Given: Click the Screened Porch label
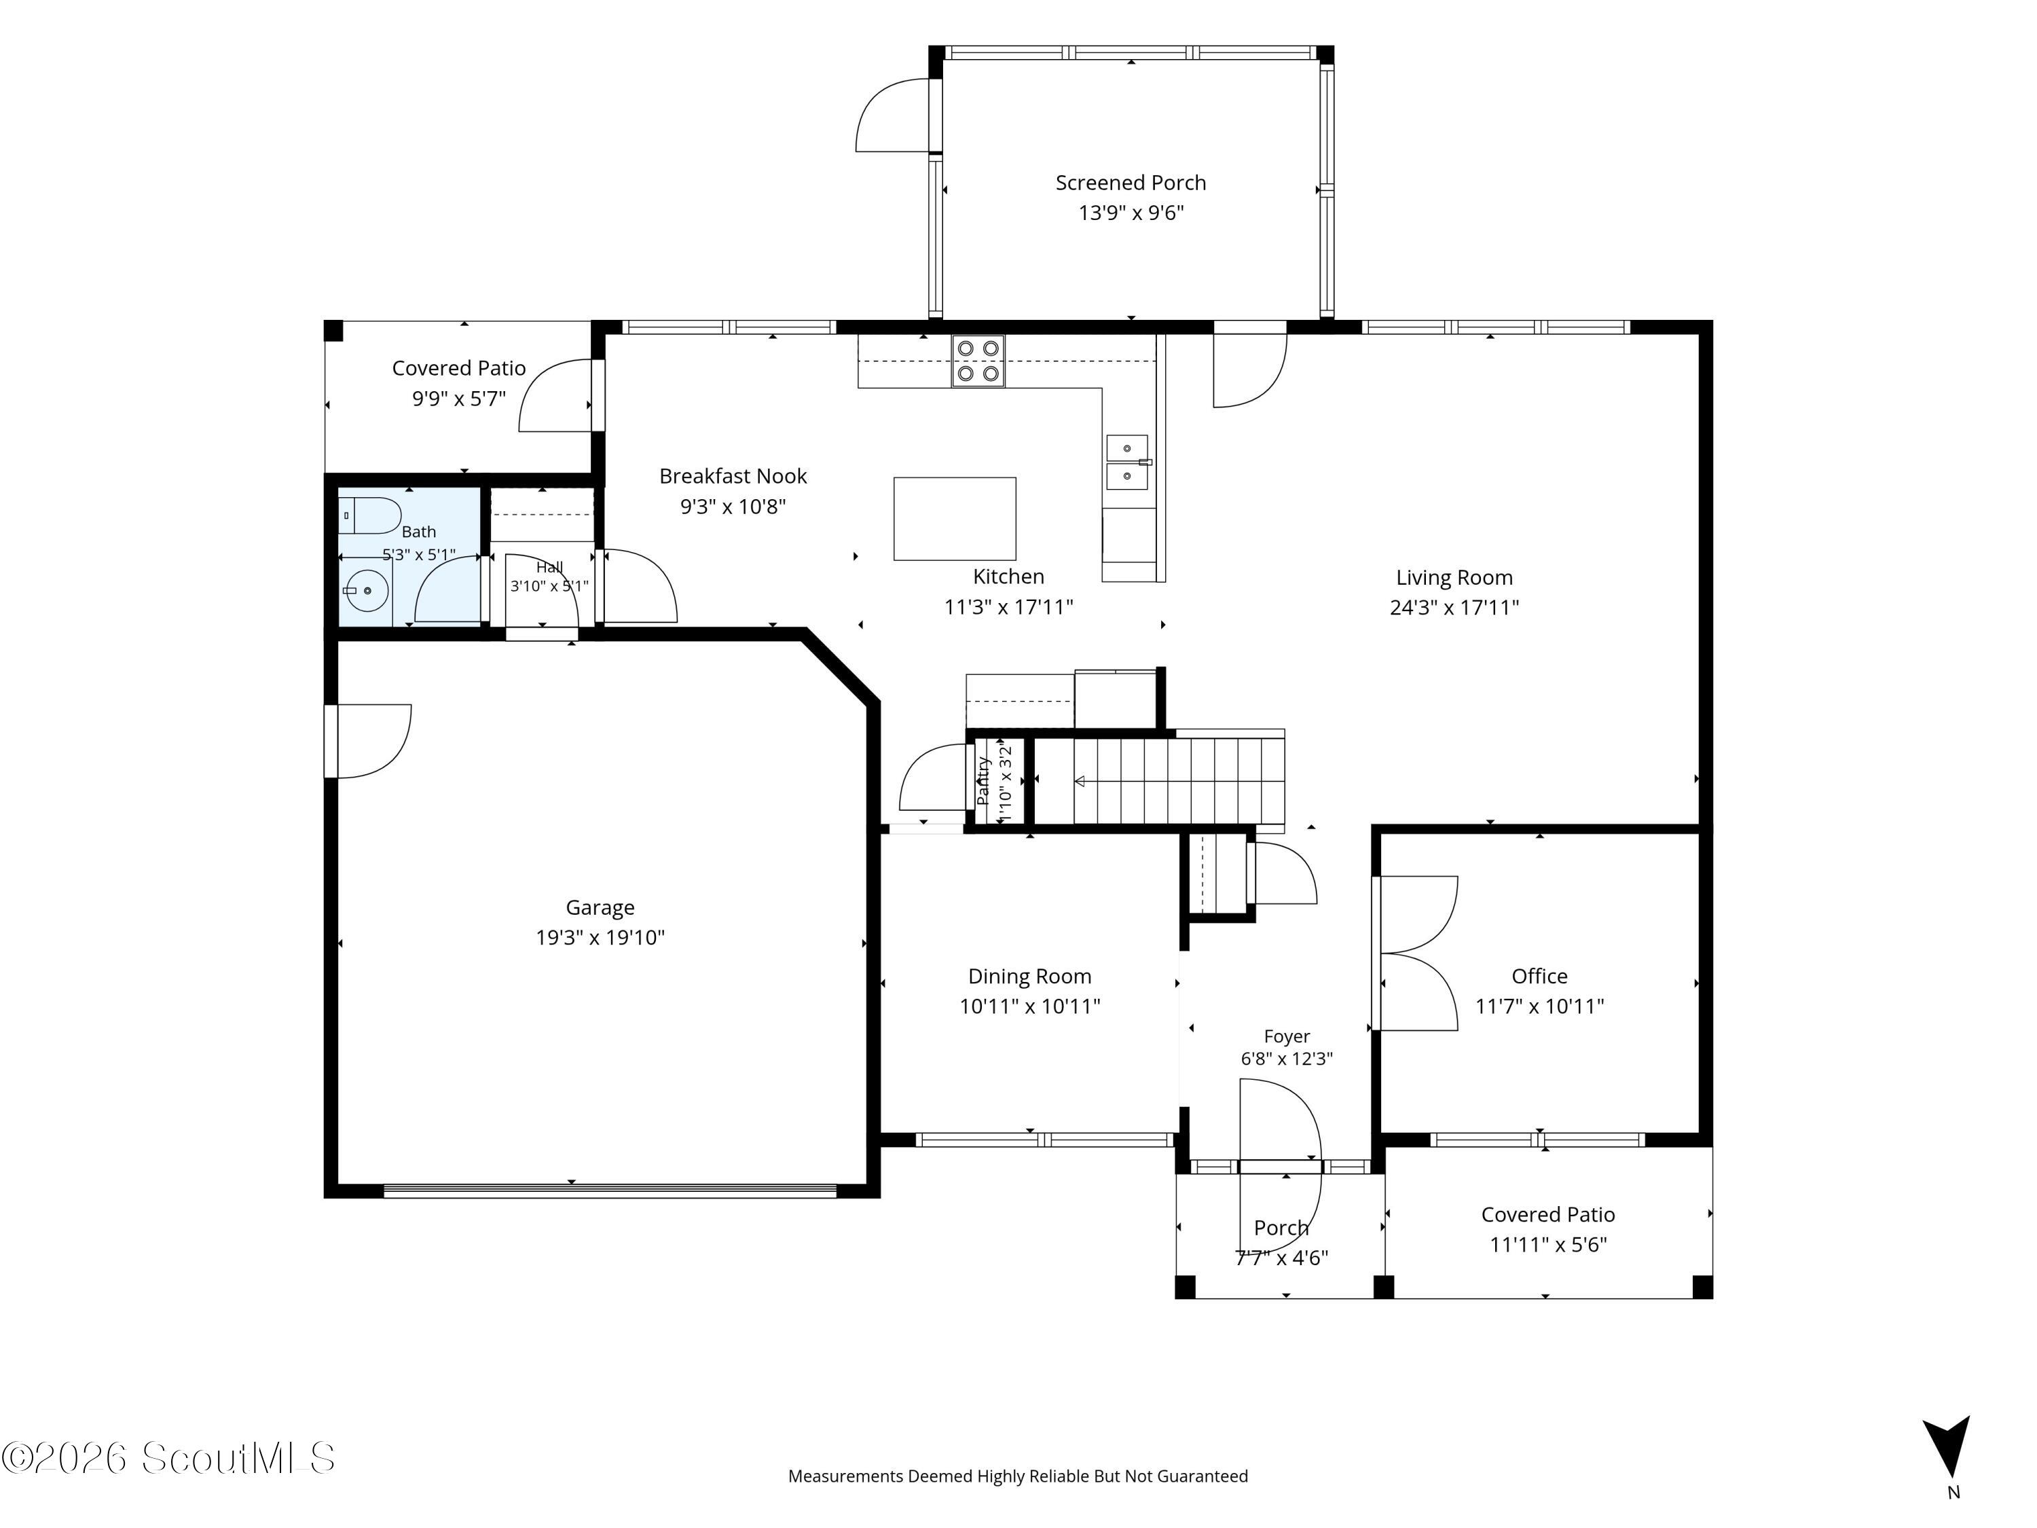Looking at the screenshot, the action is point(1130,183).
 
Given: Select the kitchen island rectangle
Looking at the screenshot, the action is point(955,519).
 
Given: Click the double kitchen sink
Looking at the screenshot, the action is point(1127,462).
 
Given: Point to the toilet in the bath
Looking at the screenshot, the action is point(370,515).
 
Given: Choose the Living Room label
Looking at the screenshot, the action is point(1454,577).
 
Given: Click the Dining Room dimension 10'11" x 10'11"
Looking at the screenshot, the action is point(1029,1006).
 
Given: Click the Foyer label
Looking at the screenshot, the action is point(1287,1036).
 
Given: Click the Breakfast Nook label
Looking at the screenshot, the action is point(733,476).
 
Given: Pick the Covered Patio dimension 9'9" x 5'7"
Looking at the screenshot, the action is point(458,399).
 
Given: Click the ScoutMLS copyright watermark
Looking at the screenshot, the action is point(168,1458).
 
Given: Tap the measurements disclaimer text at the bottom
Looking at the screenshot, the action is point(1018,1476).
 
